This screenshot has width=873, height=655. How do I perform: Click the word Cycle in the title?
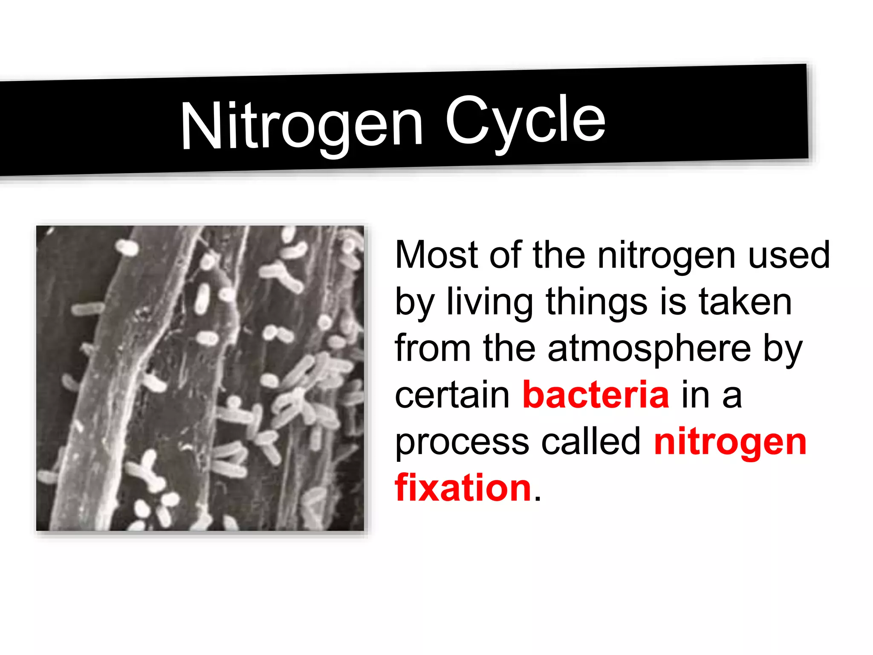[525, 121]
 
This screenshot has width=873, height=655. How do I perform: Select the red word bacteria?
[595, 395]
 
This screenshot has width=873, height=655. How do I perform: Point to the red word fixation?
[463, 488]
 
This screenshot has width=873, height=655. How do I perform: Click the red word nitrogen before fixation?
[730, 442]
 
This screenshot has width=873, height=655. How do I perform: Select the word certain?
[452, 395]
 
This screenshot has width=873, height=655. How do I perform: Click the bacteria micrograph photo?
[200, 378]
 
